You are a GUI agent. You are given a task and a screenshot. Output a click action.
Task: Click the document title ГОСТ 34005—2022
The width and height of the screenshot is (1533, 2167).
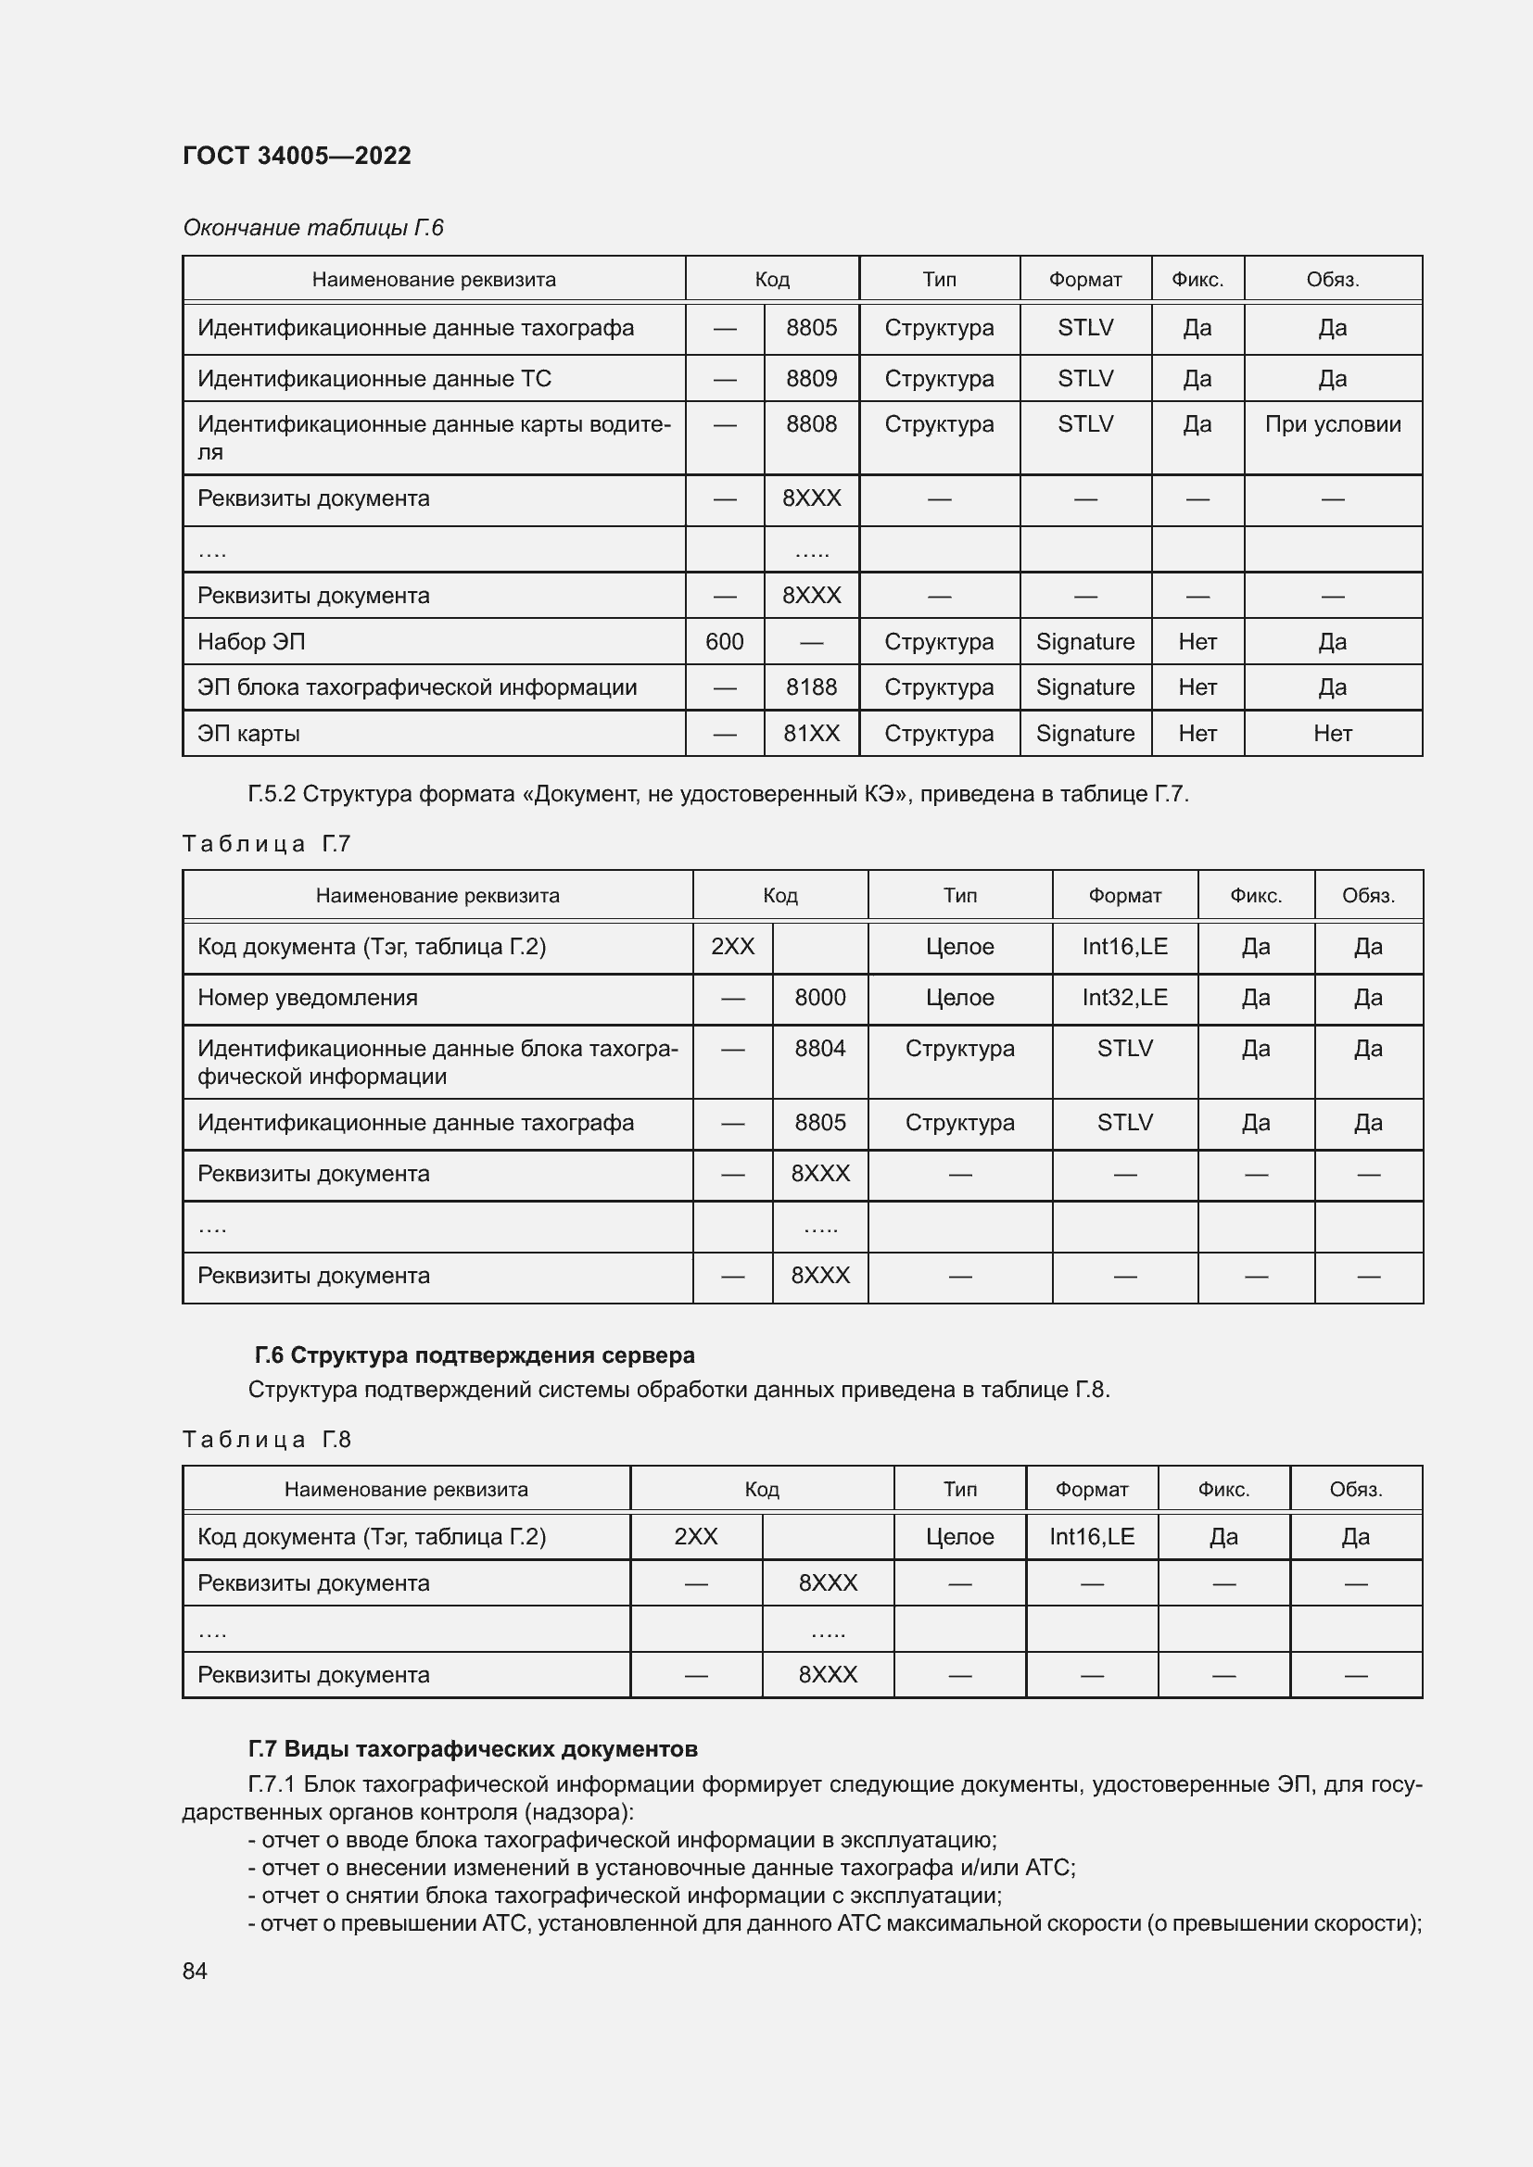pos(297,156)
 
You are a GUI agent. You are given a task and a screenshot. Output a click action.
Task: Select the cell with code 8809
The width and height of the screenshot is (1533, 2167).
pos(811,379)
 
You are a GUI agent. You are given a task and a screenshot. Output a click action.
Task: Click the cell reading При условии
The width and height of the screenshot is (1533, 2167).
pos(1332,424)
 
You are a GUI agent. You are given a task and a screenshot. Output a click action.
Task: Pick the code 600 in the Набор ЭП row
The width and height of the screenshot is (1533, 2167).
pos(724,642)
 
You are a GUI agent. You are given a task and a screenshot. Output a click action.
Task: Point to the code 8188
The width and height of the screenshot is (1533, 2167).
pos(811,687)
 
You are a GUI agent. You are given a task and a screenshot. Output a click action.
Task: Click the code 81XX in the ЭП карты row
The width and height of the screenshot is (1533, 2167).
pos(811,734)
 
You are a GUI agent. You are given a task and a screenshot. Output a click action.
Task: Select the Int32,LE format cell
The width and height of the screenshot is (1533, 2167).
pos(1124,998)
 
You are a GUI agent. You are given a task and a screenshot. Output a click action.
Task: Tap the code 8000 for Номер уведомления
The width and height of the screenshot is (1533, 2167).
pos(819,998)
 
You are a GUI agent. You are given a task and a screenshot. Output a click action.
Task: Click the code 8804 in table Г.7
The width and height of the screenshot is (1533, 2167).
pos(819,1049)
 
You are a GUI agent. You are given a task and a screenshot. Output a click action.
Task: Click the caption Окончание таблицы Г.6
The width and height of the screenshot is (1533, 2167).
pos(312,228)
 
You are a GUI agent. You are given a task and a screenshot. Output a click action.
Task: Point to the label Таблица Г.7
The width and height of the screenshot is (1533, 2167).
pos(266,844)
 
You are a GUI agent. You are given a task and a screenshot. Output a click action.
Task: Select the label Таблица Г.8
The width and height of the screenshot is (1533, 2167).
pos(266,1440)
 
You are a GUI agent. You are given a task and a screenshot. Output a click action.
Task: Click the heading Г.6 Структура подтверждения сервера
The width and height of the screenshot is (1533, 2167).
pos(474,1355)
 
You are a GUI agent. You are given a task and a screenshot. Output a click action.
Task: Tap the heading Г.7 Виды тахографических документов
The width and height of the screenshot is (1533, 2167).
pos(473,1749)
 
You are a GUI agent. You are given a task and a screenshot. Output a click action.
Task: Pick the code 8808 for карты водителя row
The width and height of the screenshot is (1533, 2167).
pos(811,424)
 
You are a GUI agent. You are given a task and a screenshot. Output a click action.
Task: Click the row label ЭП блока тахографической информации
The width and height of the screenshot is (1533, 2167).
pos(416,687)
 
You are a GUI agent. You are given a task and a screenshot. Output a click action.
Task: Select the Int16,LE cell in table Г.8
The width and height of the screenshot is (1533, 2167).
pos(1091,1536)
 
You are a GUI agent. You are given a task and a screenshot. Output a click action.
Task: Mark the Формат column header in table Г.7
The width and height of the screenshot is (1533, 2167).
pos(1124,896)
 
